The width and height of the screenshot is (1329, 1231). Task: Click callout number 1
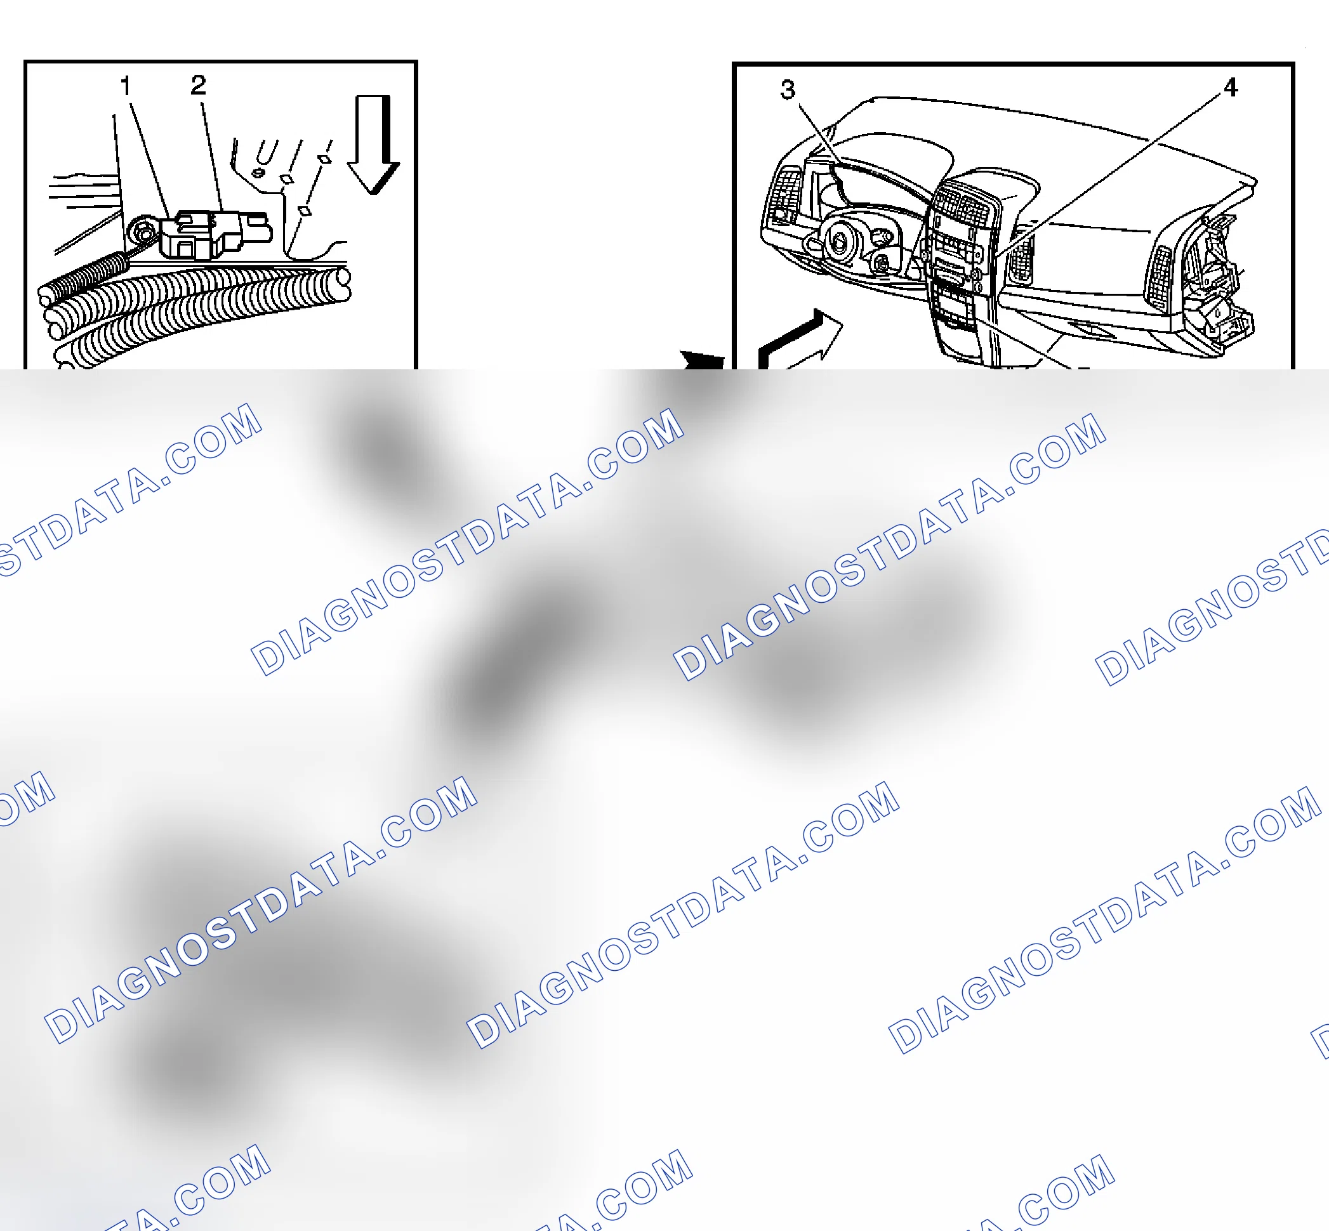coord(125,85)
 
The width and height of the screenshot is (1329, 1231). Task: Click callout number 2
coord(198,84)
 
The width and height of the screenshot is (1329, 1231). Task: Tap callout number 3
coord(788,89)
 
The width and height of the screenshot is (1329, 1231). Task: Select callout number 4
coord(1230,88)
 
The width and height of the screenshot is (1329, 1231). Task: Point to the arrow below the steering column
coord(800,339)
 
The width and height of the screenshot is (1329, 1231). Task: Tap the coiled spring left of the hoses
coord(83,276)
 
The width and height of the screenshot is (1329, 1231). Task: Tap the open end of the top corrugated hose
coord(344,277)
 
